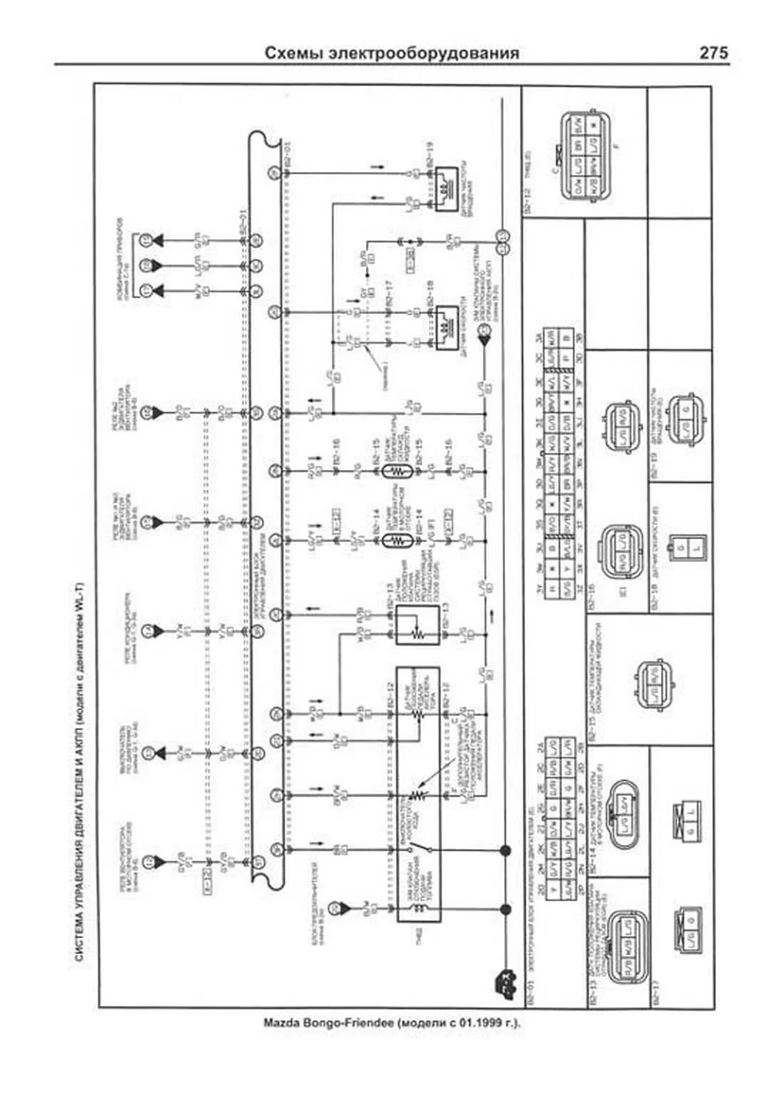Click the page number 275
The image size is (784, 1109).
(713, 53)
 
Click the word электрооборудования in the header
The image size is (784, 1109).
(425, 54)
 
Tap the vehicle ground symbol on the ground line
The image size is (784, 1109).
(504, 978)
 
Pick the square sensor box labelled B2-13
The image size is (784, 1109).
(416, 625)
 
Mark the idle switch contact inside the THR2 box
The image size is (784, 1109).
(420, 849)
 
